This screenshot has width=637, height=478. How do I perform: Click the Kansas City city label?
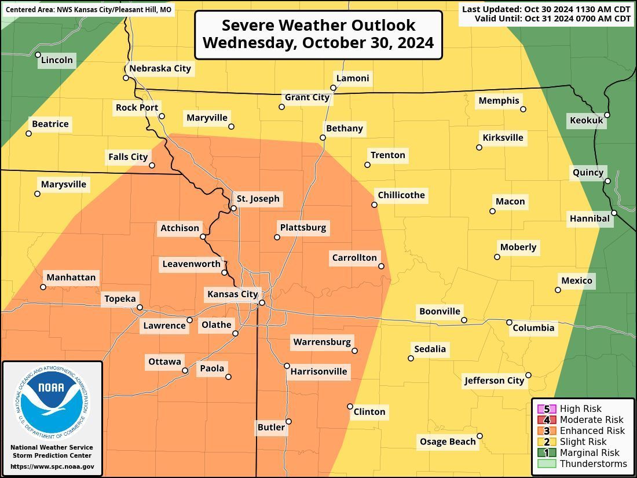pyautogui.click(x=232, y=294)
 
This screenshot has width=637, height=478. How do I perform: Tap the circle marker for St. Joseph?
pyautogui.click(x=233, y=208)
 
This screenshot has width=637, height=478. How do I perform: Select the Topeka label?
pyautogui.click(x=120, y=299)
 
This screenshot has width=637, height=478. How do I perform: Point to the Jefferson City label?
pyautogui.click(x=494, y=381)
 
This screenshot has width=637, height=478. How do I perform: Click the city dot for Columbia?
pyautogui.click(x=510, y=322)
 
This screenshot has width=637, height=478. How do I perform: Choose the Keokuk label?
pyautogui.click(x=587, y=120)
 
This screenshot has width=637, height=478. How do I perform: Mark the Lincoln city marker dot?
pyautogui.click(x=38, y=55)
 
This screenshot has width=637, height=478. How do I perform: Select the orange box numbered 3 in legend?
pyautogui.click(x=546, y=430)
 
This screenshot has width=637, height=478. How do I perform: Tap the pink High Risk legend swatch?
pyautogui.click(x=546, y=408)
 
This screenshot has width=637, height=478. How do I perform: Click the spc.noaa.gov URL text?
pyautogui.click(x=52, y=466)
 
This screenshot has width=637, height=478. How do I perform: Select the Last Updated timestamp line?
pyautogui.click(x=546, y=9)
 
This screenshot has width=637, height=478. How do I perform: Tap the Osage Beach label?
pyautogui.click(x=448, y=441)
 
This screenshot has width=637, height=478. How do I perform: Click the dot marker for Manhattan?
pyautogui.click(x=43, y=287)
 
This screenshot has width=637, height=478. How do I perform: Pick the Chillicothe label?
pyautogui.click(x=401, y=195)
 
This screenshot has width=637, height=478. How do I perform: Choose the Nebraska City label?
pyautogui.click(x=160, y=68)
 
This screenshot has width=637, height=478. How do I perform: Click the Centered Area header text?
pyautogui.click(x=89, y=10)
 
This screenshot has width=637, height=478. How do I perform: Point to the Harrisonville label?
pyautogui.click(x=318, y=371)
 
